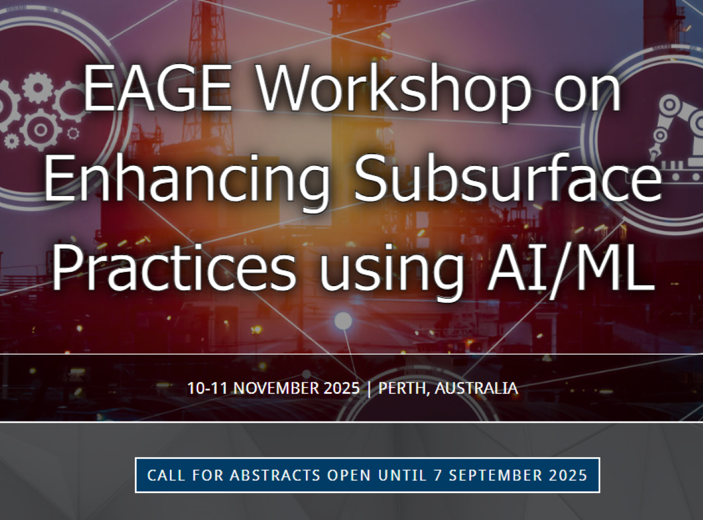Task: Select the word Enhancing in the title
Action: click(x=186, y=181)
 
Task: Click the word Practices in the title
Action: click(x=174, y=267)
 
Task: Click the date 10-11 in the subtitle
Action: click(x=207, y=388)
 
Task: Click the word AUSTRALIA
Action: click(x=476, y=388)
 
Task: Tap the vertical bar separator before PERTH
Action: click(x=369, y=389)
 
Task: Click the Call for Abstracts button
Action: click(x=367, y=475)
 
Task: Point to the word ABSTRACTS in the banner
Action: click(x=275, y=475)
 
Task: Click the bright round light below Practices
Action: click(x=343, y=321)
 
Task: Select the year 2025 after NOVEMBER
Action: click(x=342, y=388)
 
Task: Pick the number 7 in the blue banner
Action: click(x=438, y=475)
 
